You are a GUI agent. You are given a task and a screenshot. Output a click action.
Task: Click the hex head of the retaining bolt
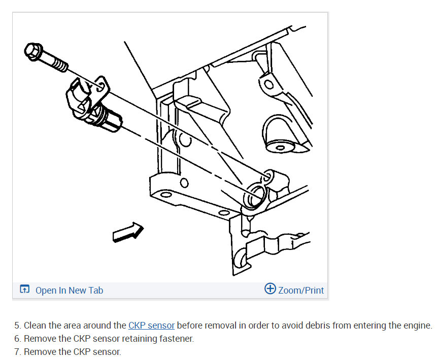point(33,51)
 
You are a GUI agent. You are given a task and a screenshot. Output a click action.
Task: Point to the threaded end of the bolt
point(59,65)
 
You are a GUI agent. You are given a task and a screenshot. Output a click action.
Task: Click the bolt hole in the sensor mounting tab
point(100,86)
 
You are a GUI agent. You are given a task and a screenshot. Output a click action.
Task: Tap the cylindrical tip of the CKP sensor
point(113,122)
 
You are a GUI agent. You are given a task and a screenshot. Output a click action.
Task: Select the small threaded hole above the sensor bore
point(267,176)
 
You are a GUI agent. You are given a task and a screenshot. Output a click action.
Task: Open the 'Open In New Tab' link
point(69,290)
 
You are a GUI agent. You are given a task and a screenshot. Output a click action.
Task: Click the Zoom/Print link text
point(301,290)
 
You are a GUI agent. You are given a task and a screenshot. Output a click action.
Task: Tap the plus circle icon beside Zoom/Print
point(270,289)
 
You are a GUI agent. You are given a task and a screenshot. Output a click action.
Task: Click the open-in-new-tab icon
point(24,289)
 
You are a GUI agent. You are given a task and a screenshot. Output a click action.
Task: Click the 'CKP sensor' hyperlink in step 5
point(151,326)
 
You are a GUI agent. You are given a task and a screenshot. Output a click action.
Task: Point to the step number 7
point(18,351)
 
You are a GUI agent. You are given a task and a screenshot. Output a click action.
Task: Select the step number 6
point(18,339)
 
